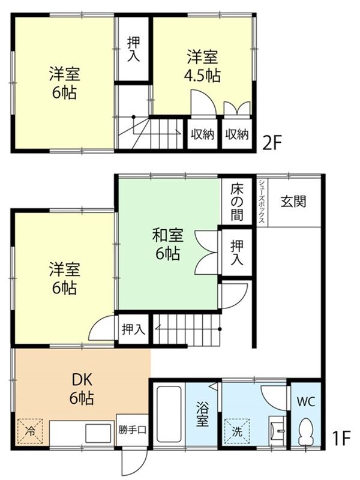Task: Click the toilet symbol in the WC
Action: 306,431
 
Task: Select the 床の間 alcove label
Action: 237,201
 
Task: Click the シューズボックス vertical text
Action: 262,202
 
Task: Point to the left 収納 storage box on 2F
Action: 202,134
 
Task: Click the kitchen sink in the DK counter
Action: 96,433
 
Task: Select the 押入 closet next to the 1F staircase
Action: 133,329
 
